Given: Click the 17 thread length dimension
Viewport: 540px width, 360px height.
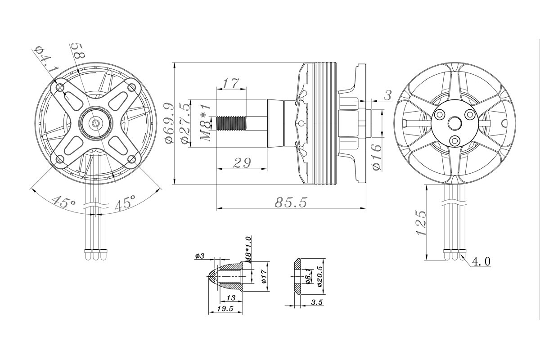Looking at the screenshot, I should point(231,83).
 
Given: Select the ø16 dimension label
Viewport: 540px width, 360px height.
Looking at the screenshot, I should point(377,155).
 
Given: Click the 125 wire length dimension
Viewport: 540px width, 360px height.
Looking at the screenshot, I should point(420,222).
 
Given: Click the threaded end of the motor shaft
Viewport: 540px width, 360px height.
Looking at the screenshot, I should point(231,122).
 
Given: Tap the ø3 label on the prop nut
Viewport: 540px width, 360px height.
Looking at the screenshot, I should point(200,256).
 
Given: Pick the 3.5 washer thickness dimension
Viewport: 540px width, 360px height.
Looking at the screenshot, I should point(317,302).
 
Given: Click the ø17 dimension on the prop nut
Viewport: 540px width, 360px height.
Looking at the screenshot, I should point(264,275).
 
